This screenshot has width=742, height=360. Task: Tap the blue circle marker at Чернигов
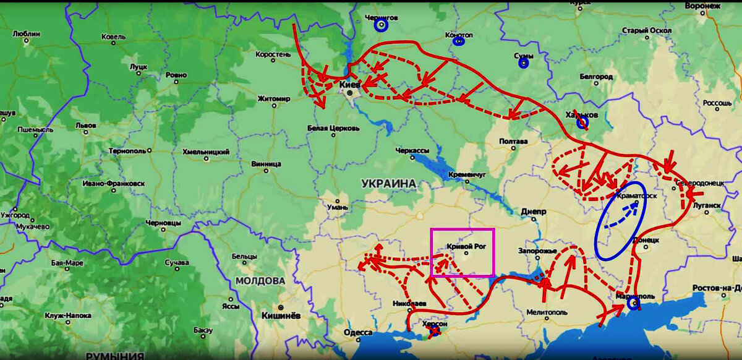coord(381,26)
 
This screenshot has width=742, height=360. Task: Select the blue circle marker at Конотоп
coord(458,42)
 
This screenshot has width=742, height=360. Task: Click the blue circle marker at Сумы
coord(524,62)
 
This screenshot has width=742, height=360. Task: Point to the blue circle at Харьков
coord(582,123)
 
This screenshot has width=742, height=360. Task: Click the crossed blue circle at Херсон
coord(435,332)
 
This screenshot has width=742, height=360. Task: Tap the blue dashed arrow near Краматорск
coord(621,216)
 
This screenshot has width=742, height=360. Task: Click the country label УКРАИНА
coord(388,184)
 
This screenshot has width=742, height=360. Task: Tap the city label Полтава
coord(514,142)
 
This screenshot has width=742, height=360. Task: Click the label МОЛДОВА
coord(260,281)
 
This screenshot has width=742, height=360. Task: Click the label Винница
coord(266,164)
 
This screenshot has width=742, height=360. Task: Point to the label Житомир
coord(273,98)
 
